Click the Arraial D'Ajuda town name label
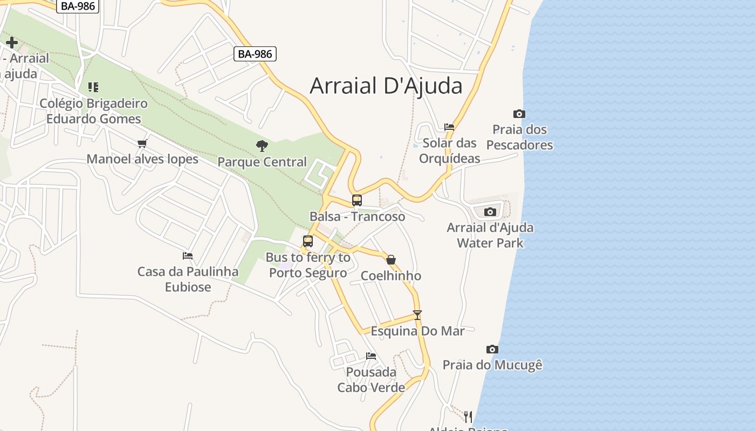tap(386, 86)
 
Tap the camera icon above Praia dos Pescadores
tap(519, 114)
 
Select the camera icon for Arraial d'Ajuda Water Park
tap(490, 212)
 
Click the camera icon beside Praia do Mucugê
tap(492, 349)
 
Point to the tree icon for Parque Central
tap(262, 145)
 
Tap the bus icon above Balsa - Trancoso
tap(357, 200)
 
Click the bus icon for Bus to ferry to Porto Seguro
tap(308, 241)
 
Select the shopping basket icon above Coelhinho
tap(391, 260)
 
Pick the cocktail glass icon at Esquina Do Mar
tap(417, 315)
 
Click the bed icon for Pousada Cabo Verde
tap(371, 356)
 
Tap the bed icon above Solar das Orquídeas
tap(449, 127)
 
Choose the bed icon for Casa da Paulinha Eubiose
tap(188, 255)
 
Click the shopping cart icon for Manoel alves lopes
tap(142, 143)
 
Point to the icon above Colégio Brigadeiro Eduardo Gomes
tap(93, 87)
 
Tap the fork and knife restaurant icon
tap(468, 416)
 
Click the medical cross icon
tap(11, 43)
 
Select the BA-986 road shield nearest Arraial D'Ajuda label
tap(255, 54)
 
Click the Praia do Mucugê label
tap(492, 365)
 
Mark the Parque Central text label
tap(262, 162)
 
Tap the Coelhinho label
tap(391, 276)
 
